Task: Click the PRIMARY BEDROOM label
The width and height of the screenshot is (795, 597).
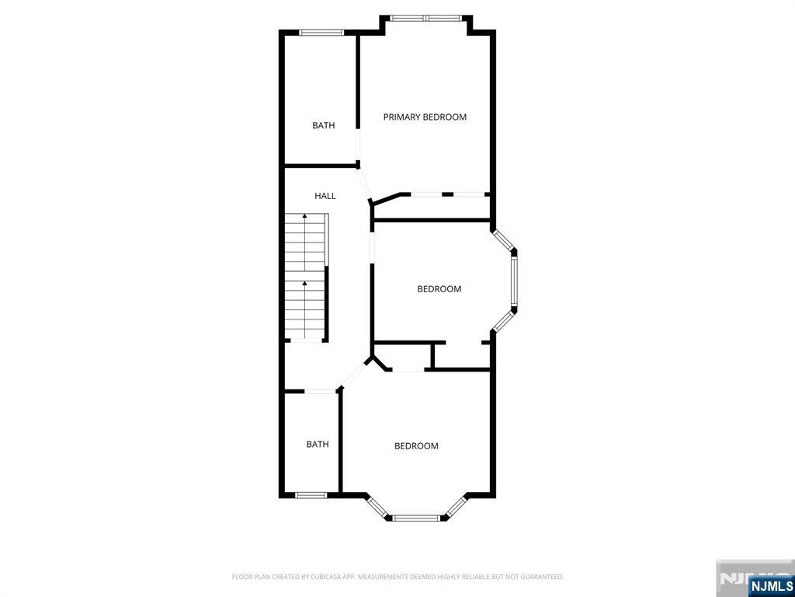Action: coord(425,117)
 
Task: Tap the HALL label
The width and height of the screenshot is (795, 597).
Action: coord(325,196)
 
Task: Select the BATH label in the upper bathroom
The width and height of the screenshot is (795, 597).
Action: coord(324,125)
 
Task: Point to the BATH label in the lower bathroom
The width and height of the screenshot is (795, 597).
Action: coord(318,445)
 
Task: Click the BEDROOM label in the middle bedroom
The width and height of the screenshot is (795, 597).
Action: coord(439,289)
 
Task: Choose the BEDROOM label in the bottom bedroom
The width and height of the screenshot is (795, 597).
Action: coord(416,446)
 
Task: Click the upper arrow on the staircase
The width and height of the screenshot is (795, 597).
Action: coord(304,216)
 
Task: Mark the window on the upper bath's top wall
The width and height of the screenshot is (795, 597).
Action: coord(321,33)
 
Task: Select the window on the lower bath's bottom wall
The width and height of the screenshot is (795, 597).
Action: coord(311,494)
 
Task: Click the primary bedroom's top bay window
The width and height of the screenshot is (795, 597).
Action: coord(426,18)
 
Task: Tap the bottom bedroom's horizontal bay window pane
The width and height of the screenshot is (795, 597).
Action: coord(416,517)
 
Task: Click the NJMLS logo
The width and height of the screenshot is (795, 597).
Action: coord(771,585)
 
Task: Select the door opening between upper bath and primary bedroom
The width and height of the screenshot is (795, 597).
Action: coord(358,145)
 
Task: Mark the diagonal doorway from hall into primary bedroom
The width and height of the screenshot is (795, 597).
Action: coord(365,183)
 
